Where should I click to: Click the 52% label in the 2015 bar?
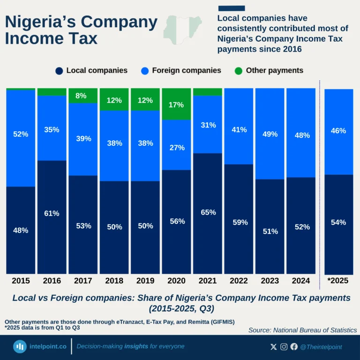tap(21, 134)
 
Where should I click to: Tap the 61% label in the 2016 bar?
tap(52, 214)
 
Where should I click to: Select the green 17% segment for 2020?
tap(176, 105)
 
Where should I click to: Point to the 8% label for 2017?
tap(81, 96)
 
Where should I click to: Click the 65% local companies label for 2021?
tap(208, 212)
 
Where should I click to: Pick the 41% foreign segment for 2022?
tap(239, 130)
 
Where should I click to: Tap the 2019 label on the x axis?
tap(145, 281)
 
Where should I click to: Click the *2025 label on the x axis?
tap(338, 281)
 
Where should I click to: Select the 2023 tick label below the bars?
tap(270, 281)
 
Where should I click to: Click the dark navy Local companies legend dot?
tap(59, 71)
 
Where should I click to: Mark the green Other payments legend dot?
tap(239, 71)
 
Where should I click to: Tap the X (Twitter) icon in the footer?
tap(274, 347)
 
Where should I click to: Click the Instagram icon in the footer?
tap(284, 347)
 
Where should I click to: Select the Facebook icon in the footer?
tap(294, 347)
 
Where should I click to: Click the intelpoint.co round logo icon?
tap(20, 347)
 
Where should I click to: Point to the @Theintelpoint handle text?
tap(321, 347)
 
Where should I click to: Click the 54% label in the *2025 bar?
tap(338, 222)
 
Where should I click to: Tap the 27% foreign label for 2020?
tap(176, 148)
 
